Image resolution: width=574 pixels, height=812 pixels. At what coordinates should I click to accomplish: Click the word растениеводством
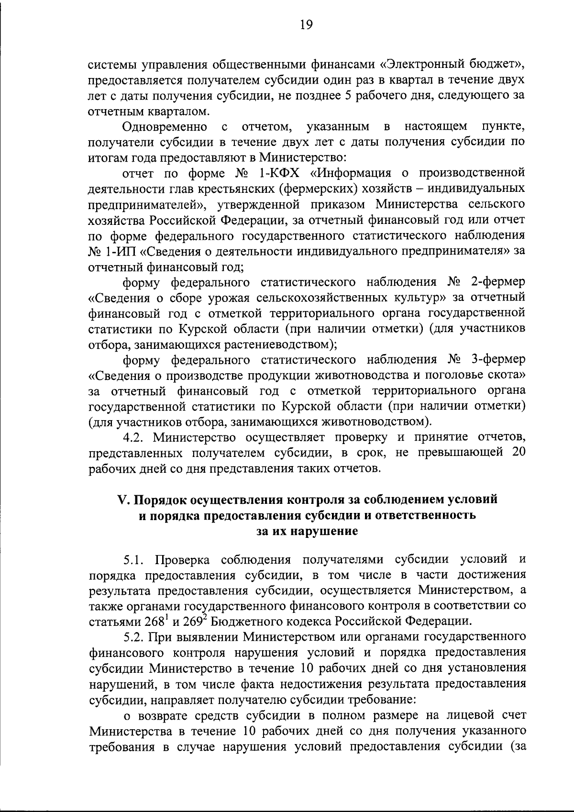pyautogui.click(x=284, y=345)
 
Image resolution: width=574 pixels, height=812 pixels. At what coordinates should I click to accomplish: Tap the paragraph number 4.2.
pyautogui.click(x=135, y=437)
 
